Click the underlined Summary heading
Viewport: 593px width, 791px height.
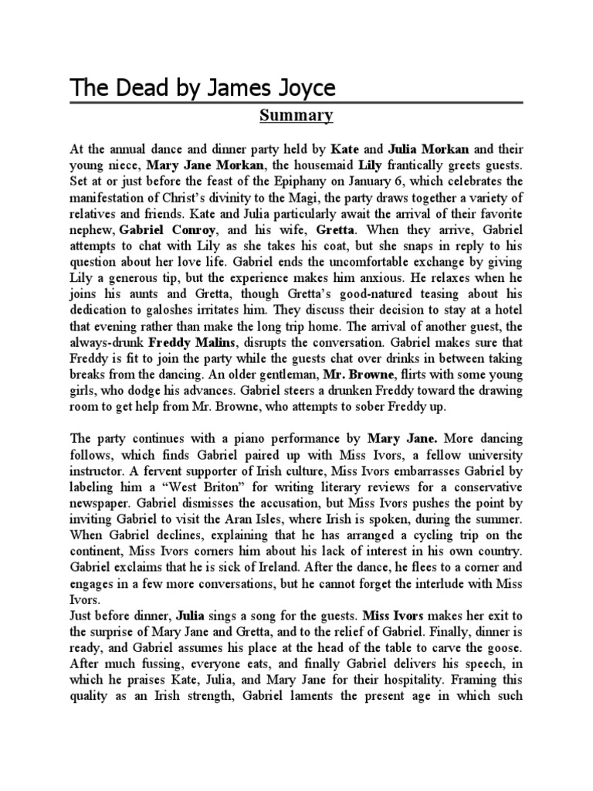point(296,116)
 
